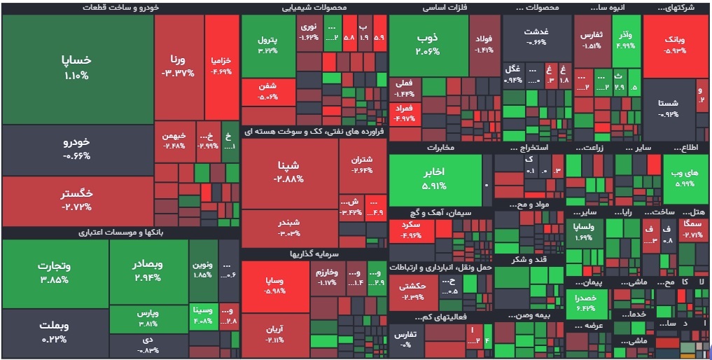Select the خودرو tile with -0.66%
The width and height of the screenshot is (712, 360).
tap(77, 148)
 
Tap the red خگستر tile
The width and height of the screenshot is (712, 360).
tap(77, 200)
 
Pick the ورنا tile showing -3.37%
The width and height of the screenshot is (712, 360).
tap(178, 66)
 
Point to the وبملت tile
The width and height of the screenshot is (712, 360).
tap(54, 332)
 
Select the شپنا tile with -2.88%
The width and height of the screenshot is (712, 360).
tap(289, 172)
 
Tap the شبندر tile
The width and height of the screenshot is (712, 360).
tap(289, 228)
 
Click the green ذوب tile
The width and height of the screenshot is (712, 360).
tap(428, 43)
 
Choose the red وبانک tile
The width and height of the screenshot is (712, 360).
tap(675, 46)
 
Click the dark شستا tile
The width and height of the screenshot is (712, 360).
tap(668, 109)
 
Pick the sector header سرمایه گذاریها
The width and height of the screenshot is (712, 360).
tap(313, 254)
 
